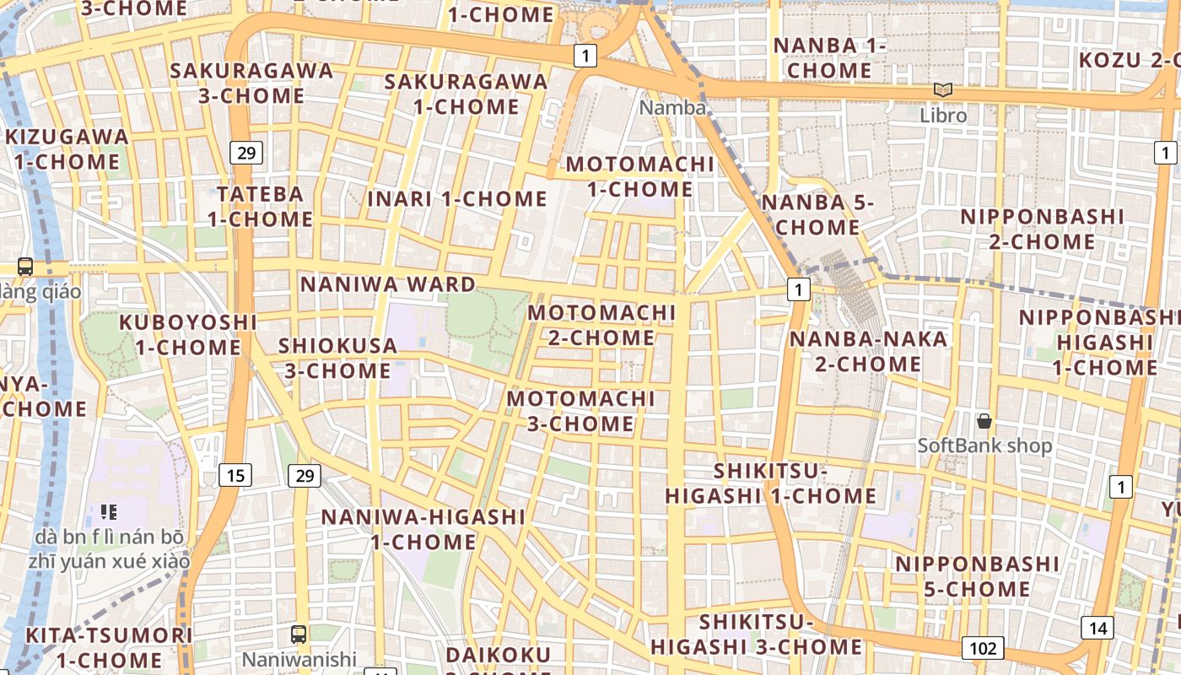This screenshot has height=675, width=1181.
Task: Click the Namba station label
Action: pyautogui.click(x=672, y=108)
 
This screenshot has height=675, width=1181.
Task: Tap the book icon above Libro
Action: pyautogui.click(x=942, y=89)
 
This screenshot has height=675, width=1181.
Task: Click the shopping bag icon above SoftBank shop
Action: pyautogui.click(x=984, y=420)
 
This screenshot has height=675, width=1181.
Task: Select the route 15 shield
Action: pyautogui.click(x=235, y=475)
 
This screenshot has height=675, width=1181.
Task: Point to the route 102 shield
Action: pyautogui.click(x=983, y=648)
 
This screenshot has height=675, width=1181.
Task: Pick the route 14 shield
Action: pyautogui.click(x=1097, y=627)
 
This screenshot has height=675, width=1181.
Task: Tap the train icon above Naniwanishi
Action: pyautogui.click(x=299, y=634)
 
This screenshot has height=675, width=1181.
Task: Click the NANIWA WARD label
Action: pyautogui.click(x=388, y=284)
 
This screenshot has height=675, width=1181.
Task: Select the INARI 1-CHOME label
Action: pyautogui.click(x=457, y=199)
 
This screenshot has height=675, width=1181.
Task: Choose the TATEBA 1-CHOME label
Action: pyautogui.click(x=260, y=207)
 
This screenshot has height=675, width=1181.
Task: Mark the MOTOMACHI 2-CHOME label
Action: pyautogui.click(x=601, y=325)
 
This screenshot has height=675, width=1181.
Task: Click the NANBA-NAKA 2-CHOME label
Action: pyautogui.click(x=868, y=351)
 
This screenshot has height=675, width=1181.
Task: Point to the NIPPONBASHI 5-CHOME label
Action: pyautogui.click(x=977, y=575)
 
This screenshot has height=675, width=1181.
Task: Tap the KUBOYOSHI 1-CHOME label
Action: pyautogui.click(x=187, y=334)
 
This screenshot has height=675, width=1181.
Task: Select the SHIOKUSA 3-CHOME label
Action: pyautogui.click(x=337, y=358)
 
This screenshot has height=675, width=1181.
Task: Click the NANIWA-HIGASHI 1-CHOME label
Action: pyautogui.click(x=423, y=529)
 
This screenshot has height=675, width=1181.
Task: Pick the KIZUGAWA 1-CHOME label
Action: pyautogui.click(x=67, y=148)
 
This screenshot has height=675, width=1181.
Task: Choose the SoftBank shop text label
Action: pyautogui.click(x=984, y=445)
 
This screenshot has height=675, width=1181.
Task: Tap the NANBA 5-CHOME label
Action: pyautogui.click(x=817, y=214)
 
